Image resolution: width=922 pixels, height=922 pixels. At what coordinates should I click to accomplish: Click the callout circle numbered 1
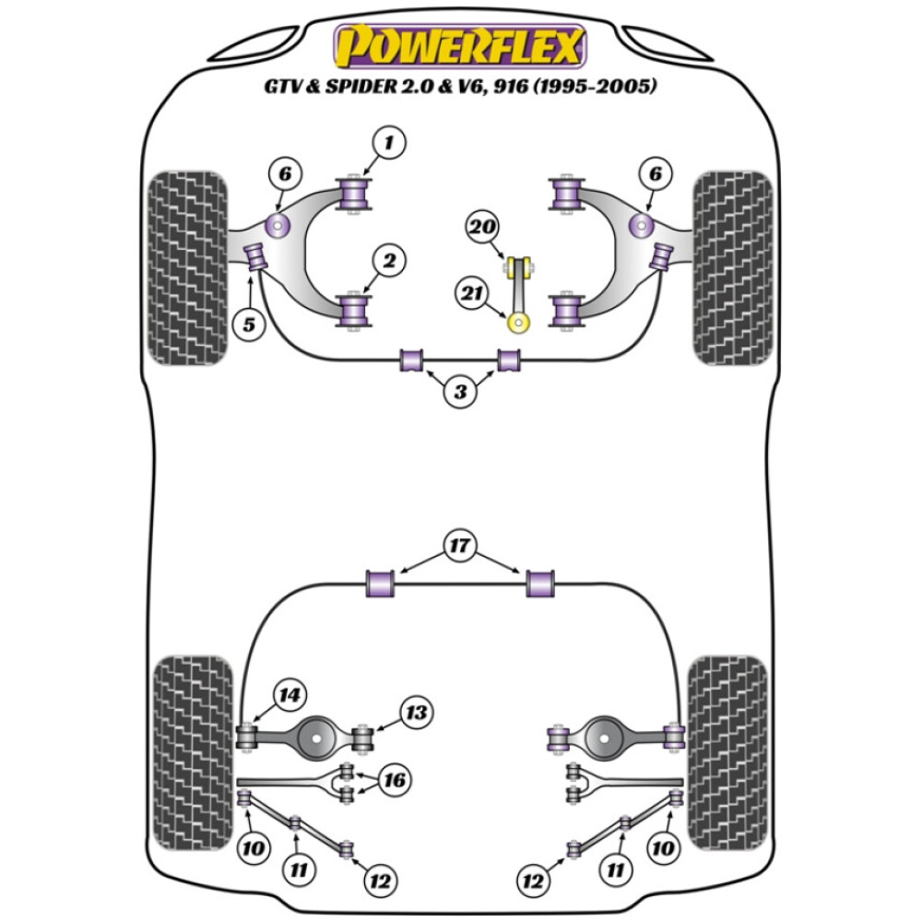[x=389, y=144]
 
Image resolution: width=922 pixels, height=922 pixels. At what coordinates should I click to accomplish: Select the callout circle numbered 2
[x=389, y=263]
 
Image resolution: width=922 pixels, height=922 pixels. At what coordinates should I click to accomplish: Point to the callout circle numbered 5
[x=249, y=324]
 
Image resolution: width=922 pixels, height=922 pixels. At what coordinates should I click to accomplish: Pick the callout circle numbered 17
[x=459, y=546]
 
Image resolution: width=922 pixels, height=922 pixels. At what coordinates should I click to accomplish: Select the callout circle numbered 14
[x=290, y=695]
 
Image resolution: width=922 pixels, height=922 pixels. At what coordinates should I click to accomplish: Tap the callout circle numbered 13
[x=417, y=712]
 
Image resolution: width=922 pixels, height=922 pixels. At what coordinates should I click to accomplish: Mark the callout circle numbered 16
[x=395, y=781]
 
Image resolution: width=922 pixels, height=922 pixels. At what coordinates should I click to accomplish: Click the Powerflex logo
[x=460, y=46]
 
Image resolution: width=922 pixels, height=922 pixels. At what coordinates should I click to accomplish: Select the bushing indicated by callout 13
[x=365, y=738]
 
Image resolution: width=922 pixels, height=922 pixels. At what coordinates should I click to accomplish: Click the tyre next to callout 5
[x=188, y=267]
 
